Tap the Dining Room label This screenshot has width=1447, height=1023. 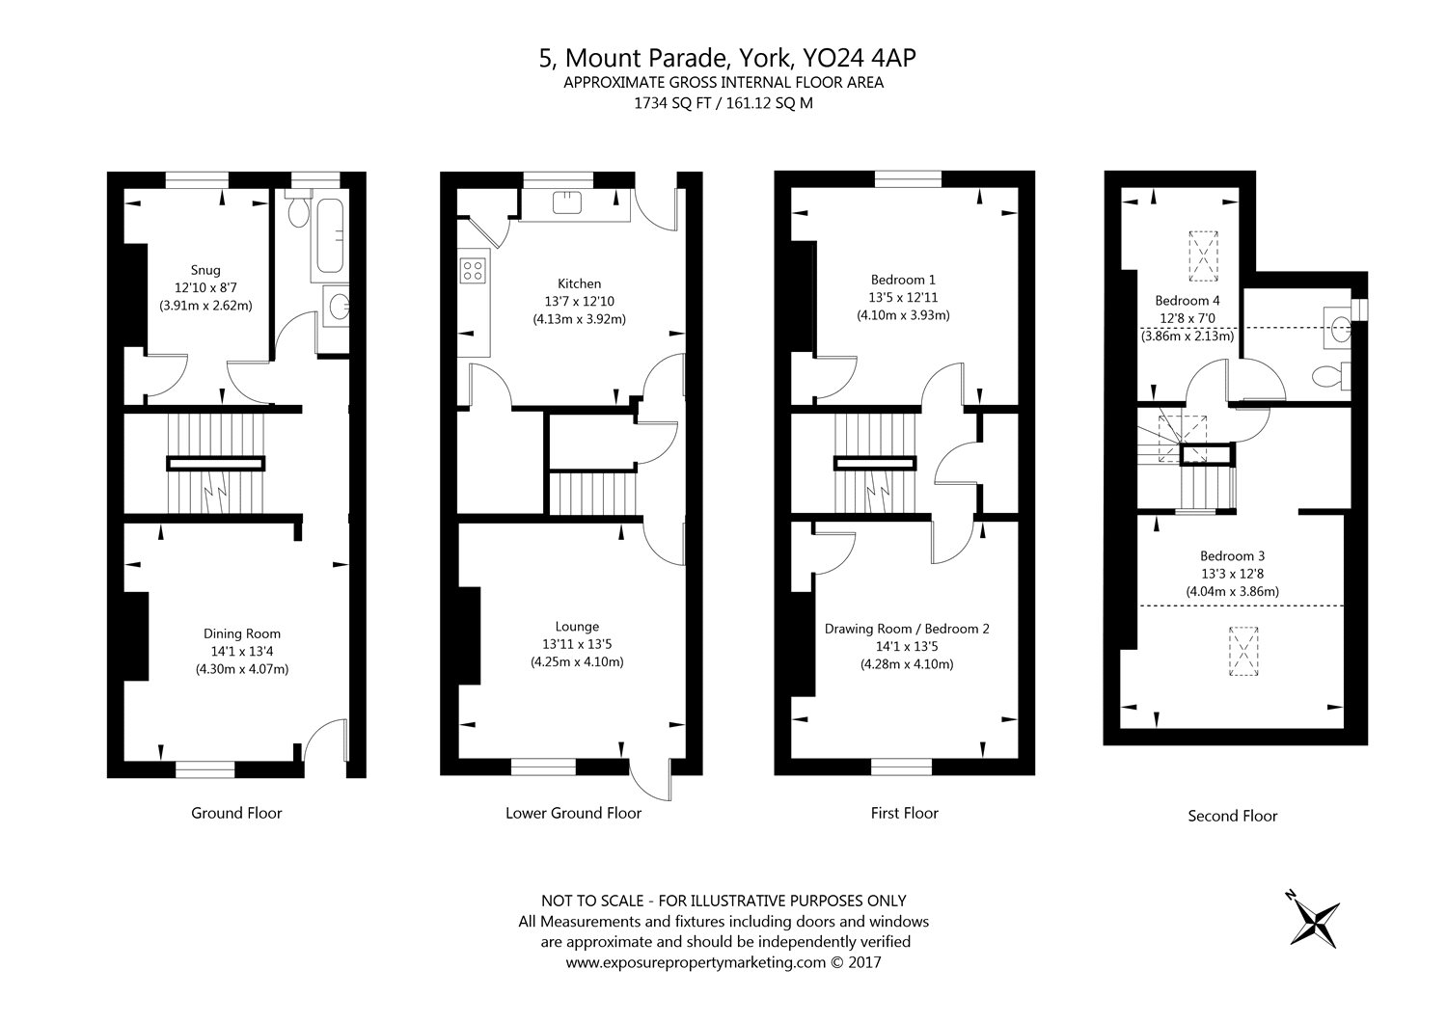(242, 633)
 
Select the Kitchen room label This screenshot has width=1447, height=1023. (579, 283)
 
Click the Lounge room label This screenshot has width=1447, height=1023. (577, 627)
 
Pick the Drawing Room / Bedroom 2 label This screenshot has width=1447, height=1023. (907, 629)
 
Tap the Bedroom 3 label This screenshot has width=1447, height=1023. (1232, 555)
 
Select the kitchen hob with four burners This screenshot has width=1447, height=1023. (473, 270)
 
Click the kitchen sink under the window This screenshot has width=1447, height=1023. (565, 202)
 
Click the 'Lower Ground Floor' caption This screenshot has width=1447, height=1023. (573, 813)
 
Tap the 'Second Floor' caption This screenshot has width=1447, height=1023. (1232, 816)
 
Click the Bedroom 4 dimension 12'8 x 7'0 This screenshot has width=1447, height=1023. (1189, 318)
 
